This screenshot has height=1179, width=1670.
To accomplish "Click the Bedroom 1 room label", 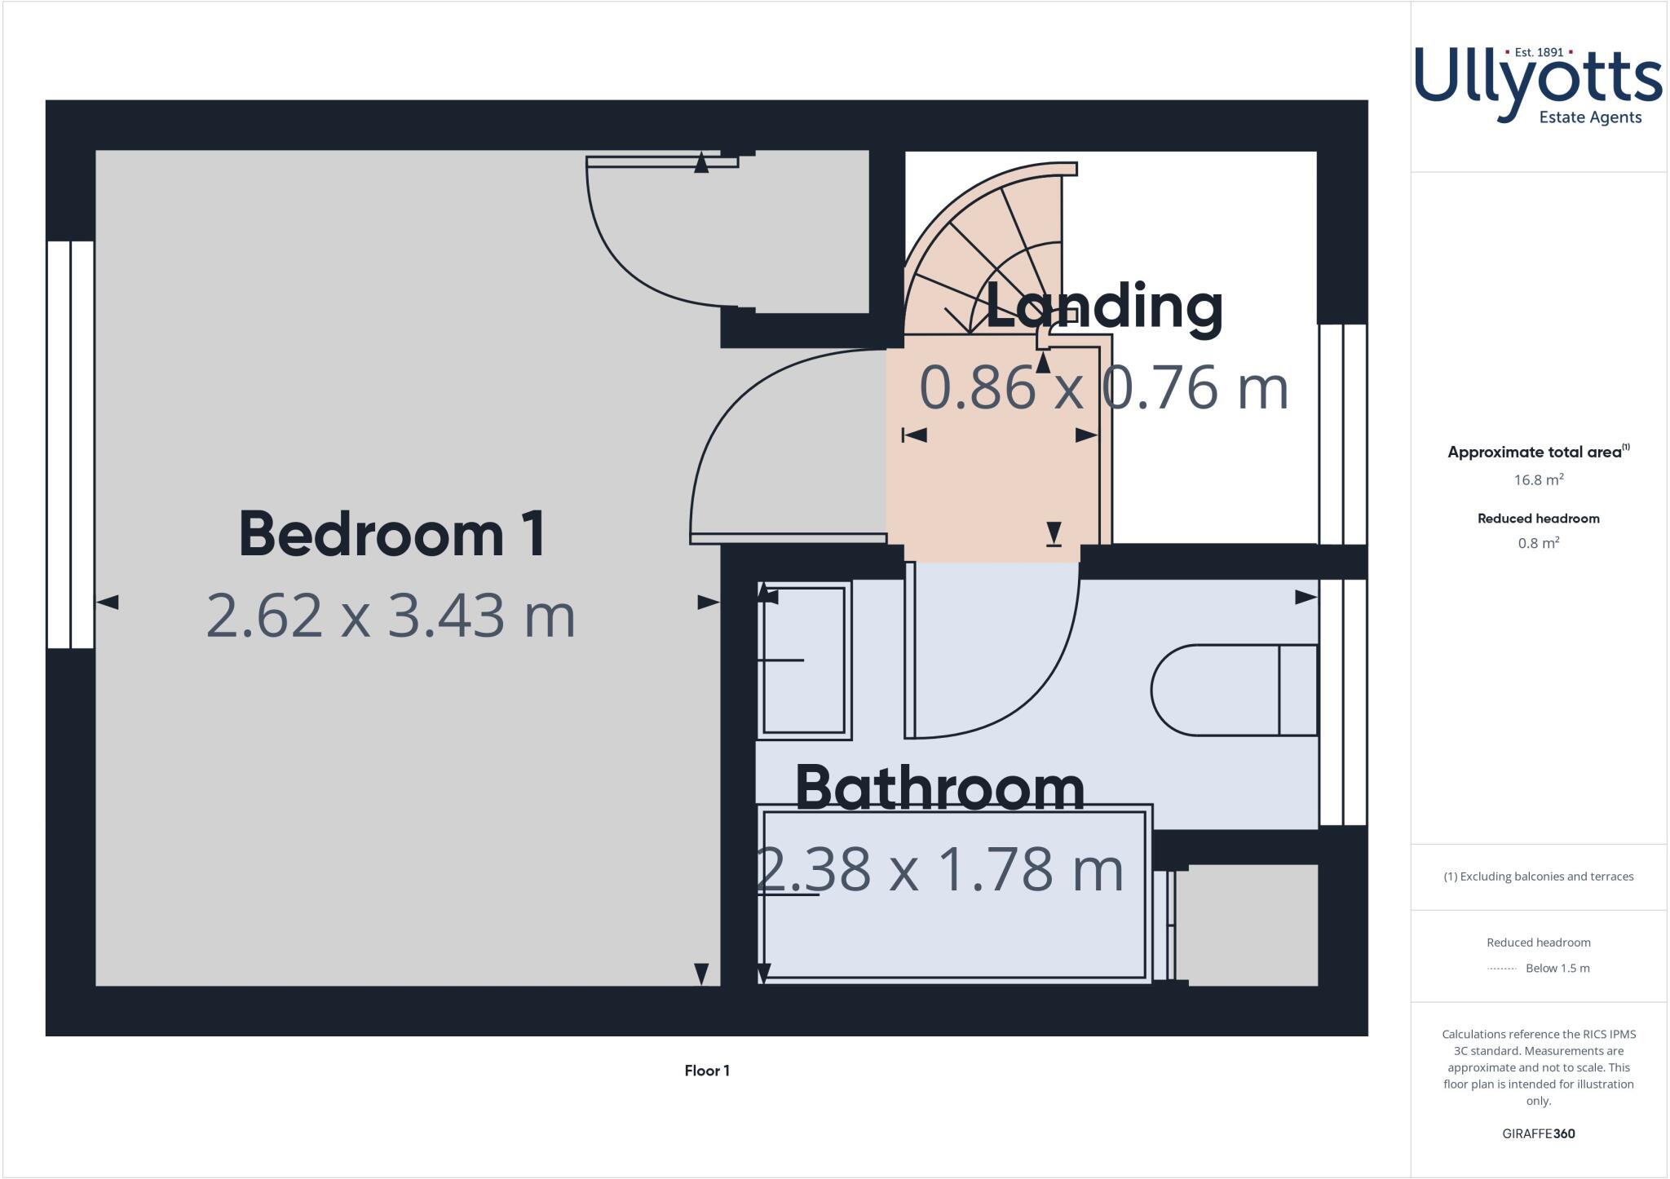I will tap(392, 534).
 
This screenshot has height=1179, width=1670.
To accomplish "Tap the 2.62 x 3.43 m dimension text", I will tap(391, 616).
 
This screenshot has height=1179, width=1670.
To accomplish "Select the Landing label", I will tap(1104, 307).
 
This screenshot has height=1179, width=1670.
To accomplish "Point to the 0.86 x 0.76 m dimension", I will tap(1104, 388).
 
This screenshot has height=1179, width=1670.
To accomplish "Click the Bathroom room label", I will tap(939, 788).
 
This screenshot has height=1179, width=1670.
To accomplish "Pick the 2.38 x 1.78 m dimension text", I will tap(939, 869).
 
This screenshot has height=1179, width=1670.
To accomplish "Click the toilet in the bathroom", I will tap(1233, 691).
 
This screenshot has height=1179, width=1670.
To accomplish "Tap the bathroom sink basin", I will tap(804, 660).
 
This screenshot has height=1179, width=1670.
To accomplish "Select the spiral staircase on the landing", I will tap(995, 245).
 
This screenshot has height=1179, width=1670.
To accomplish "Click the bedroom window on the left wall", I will tap(70, 444).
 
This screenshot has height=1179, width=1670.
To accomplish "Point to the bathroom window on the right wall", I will tap(1342, 701).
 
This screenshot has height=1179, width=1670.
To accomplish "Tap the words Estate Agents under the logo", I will tap(1589, 117).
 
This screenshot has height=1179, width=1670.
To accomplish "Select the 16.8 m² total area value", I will tap(1538, 480).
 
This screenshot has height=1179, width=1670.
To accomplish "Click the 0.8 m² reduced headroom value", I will tap(1538, 544).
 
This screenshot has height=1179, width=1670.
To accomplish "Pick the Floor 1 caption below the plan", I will tap(707, 1071).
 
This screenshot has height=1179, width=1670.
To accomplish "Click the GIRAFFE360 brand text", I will tap(1538, 1133).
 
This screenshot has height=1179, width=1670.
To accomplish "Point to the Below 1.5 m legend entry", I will tap(1557, 969).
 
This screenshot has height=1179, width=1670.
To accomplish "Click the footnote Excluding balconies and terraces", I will tap(1538, 877).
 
